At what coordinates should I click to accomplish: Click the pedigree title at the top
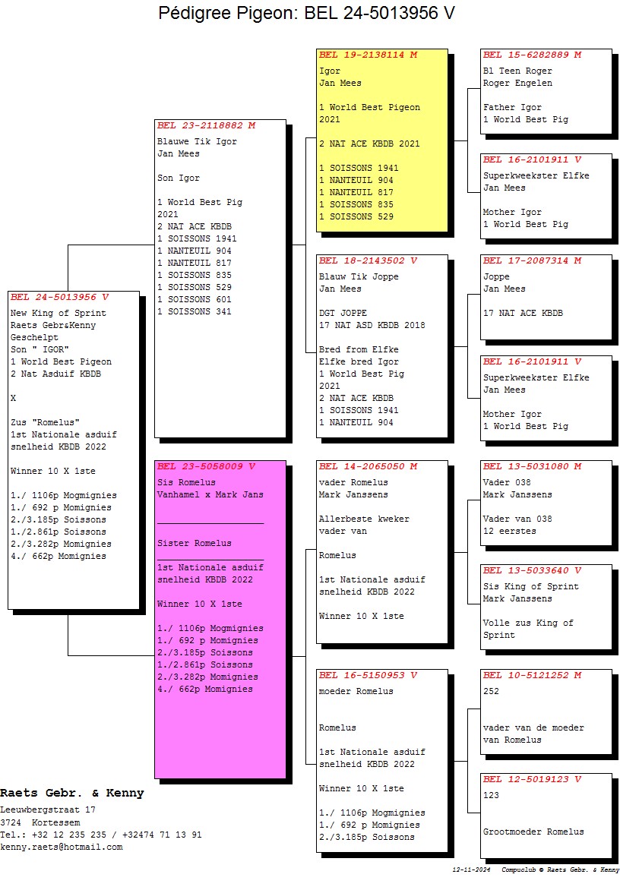307,14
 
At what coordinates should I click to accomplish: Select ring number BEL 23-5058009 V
206,466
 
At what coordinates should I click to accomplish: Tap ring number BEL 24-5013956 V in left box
59,297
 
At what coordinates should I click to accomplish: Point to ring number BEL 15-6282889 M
532,55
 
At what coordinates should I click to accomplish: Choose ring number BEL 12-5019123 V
532,779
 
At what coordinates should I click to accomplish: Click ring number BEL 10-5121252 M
532,675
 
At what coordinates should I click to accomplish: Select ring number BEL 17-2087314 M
532,260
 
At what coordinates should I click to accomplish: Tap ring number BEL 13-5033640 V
532,570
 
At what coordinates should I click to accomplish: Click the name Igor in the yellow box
330,71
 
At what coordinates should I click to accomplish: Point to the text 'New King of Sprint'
59,314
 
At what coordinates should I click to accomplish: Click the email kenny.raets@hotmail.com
61,847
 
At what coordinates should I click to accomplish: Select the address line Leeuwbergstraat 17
47,810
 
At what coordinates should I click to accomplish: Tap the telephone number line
100,835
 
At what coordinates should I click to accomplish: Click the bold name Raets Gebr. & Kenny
71,794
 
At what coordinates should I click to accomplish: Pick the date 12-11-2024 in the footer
472,869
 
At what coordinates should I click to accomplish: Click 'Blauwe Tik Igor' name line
197,142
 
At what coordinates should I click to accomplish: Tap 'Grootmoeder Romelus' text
533,832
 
